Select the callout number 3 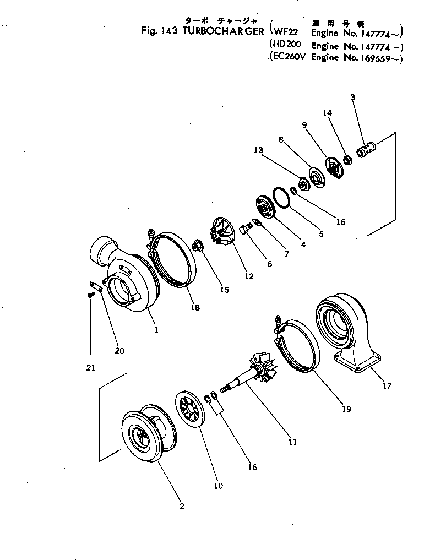pyautogui.click(x=352, y=97)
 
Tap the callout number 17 pyautogui.click(x=387, y=385)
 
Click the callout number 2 pyautogui.click(x=182, y=507)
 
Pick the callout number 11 pyautogui.click(x=292, y=442)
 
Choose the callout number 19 pyautogui.click(x=346, y=409)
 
